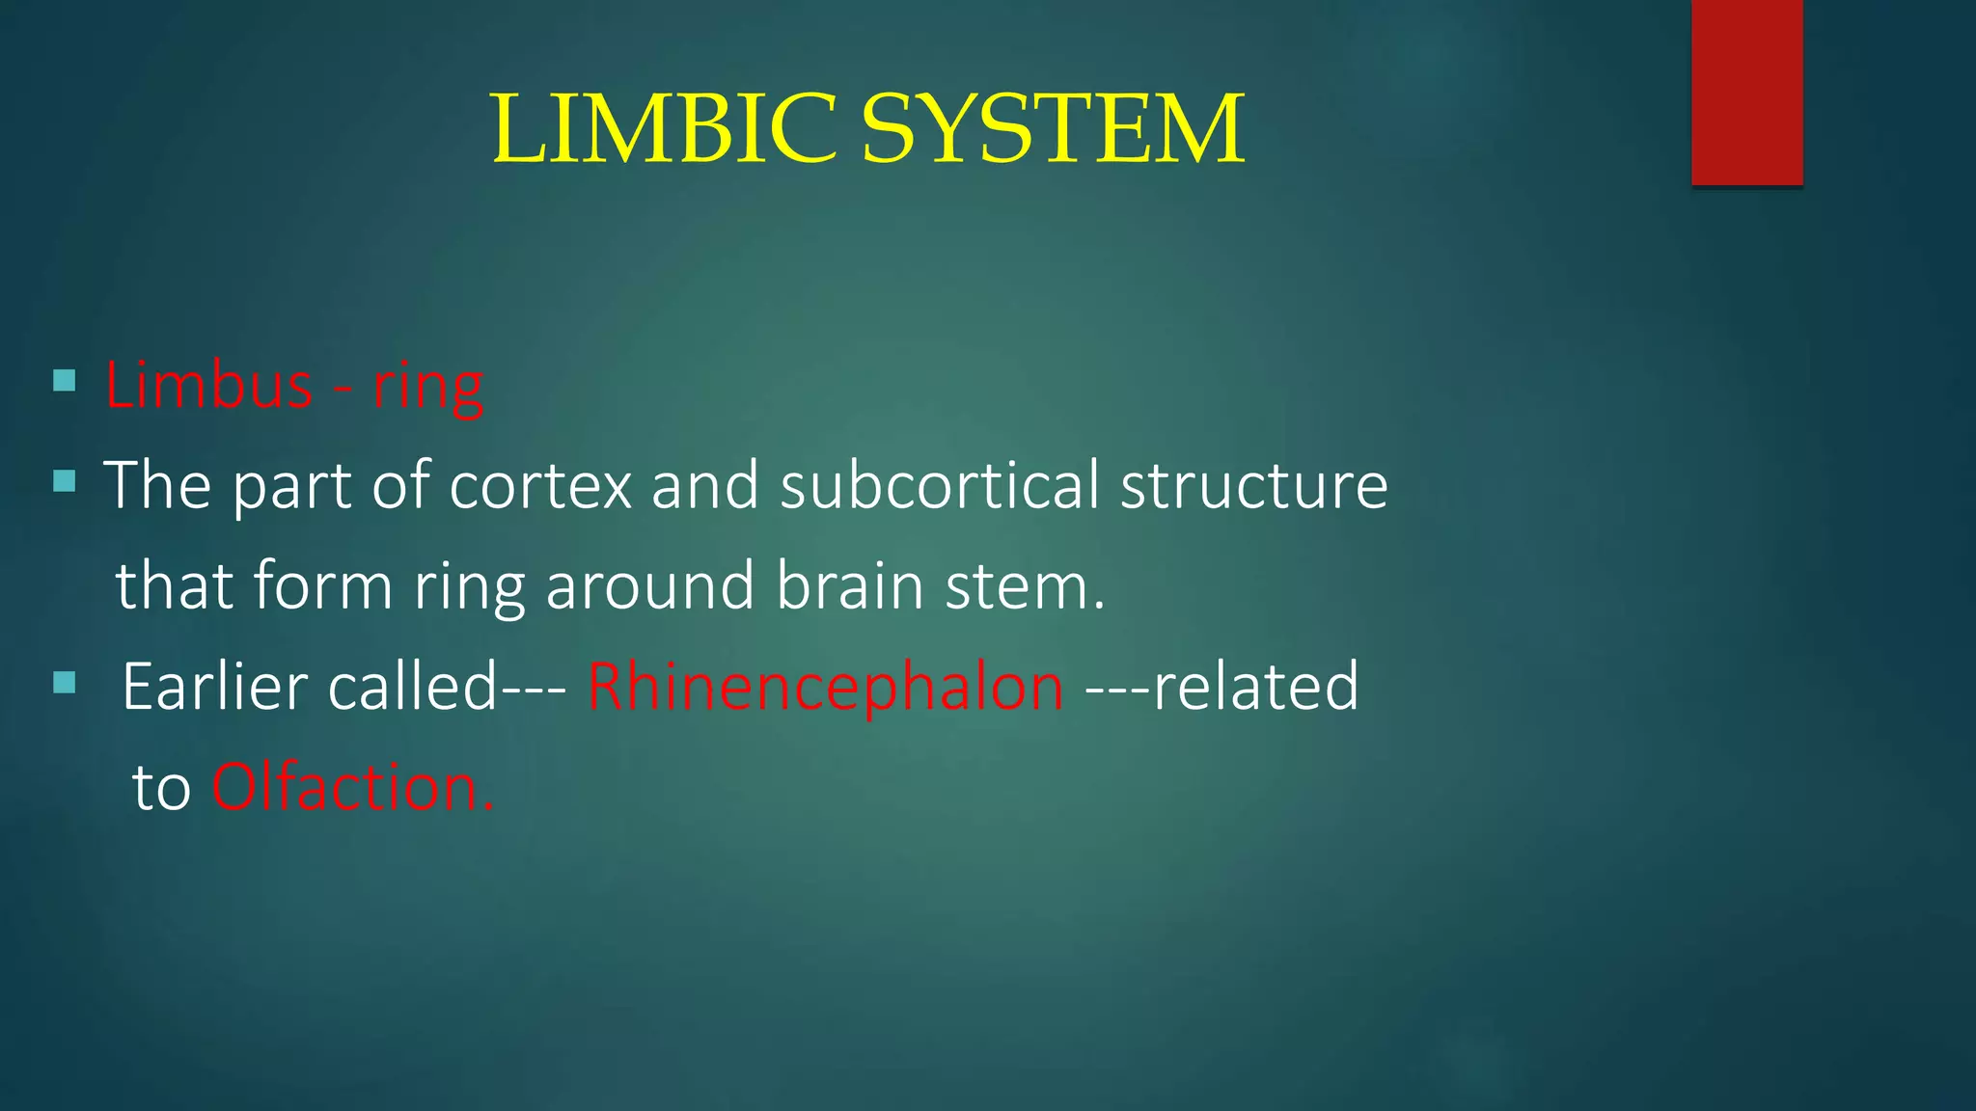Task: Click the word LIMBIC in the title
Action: point(664,129)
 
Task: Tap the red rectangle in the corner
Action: point(1746,92)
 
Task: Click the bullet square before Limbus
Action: point(65,381)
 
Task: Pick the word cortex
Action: point(540,485)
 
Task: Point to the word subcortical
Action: point(939,485)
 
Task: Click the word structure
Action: point(1253,485)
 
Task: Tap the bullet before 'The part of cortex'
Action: point(65,480)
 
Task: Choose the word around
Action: point(649,586)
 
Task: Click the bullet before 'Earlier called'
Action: point(65,684)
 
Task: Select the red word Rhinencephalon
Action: point(825,687)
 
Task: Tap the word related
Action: point(1255,687)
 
